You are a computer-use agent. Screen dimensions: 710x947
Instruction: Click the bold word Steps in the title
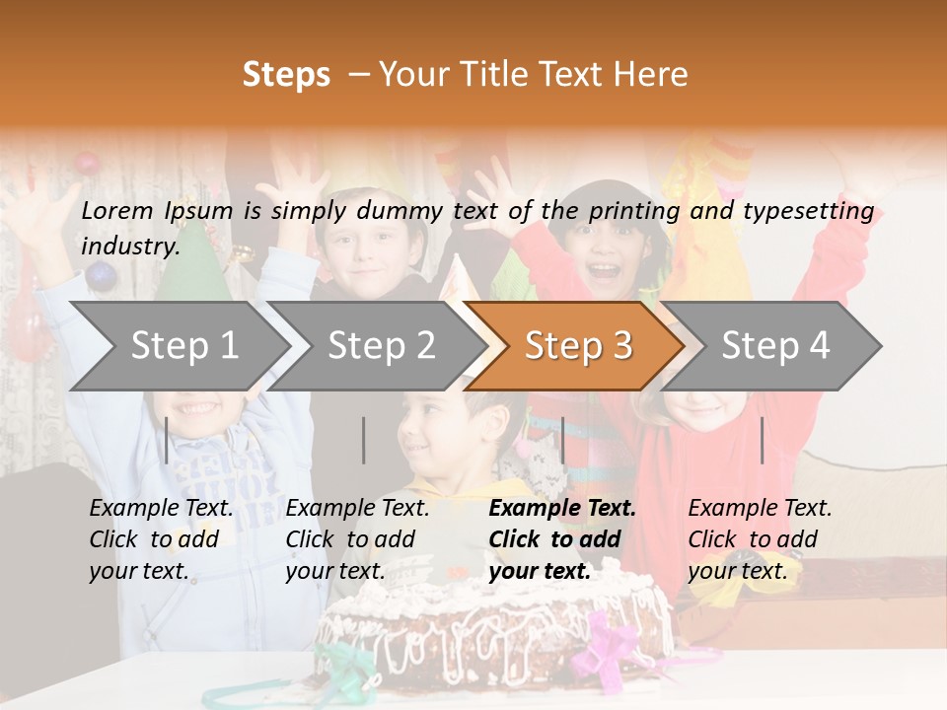[x=286, y=75]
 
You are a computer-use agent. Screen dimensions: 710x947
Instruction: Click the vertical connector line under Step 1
[x=167, y=440]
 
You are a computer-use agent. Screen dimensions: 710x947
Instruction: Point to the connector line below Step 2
[x=364, y=440]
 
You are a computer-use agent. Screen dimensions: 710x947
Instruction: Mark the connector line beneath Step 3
[x=562, y=440]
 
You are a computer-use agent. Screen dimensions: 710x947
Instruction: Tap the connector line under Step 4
[x=762, y=440]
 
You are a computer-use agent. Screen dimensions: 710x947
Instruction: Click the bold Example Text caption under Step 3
[x=562, y=539]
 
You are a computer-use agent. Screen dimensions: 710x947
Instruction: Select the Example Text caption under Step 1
[x=161, y=539]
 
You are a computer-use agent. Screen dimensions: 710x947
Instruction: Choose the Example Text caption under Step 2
[x=357, y=539]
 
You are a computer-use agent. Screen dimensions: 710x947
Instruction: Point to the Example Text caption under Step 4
[x=760, y=539]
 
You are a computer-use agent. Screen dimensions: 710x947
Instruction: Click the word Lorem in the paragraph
[x=117, y=210]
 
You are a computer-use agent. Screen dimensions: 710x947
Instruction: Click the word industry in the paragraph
[x=129, y=246]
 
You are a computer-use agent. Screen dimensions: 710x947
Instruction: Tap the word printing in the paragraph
[x=635, y=210]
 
